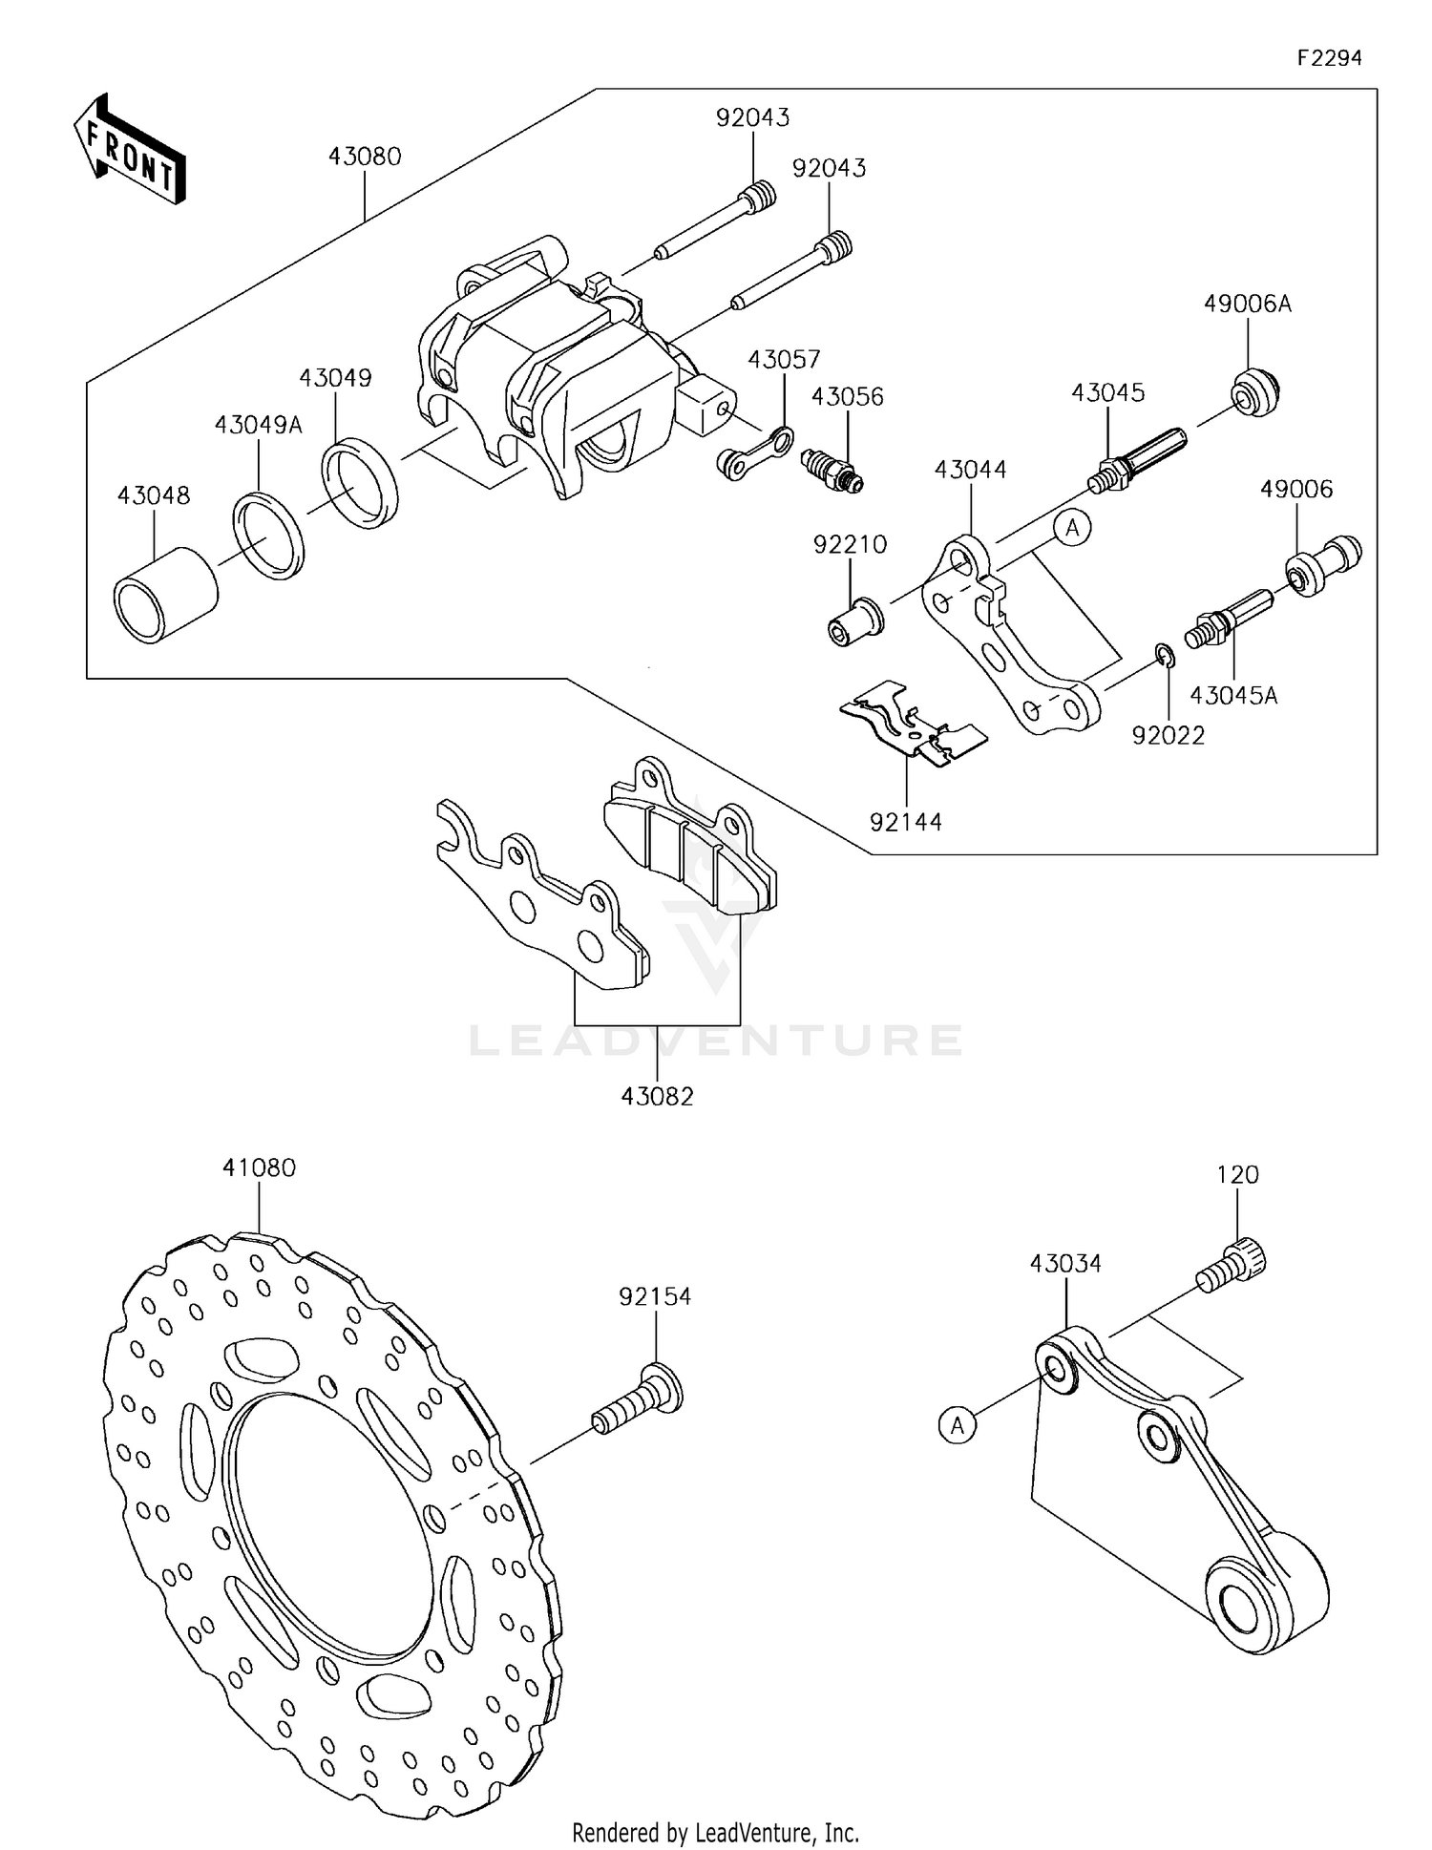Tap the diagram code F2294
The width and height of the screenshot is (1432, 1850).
tap(1329, 57)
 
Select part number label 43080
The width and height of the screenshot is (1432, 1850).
tap(365, 157)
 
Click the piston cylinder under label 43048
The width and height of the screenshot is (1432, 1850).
tap(165, 595)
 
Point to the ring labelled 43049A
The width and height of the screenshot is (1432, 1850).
tap(269, 535)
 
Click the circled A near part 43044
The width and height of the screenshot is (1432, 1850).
tap(1073, 527)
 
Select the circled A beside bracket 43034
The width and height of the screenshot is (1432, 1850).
tap(958, 1426)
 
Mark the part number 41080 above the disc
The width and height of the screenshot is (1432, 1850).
tap(260, 1167)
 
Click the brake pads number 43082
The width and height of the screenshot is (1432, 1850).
tap(657, 1096)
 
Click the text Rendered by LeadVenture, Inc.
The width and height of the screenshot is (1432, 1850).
tap(715, 1832)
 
